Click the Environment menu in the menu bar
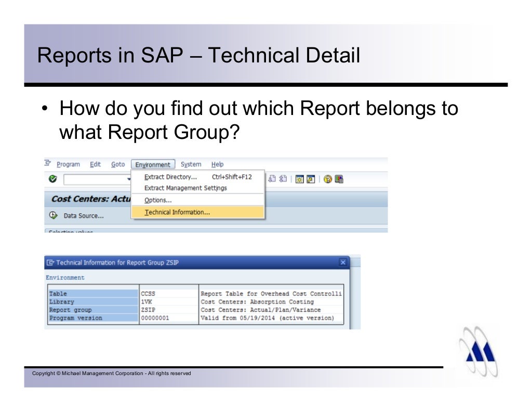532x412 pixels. [x=153, y=164]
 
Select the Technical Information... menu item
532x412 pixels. [x=177, y=212]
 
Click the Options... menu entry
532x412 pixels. [x=158, y=200]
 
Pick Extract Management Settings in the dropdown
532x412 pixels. [x=185, y=188]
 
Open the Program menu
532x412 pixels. [x=68, y=164]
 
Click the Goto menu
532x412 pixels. [x=118, y=164]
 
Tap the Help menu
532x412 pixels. [x=217, y=164]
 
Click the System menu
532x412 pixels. [x=191, y=164]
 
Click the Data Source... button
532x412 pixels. [x=83, y=215]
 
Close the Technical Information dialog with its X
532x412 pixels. [x=343, y=263]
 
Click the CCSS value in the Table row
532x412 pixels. [x=148, y=294]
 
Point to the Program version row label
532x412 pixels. [x=75, y=318]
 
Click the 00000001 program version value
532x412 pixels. [x=155, y=318]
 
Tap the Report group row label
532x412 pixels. [x=70, y=310]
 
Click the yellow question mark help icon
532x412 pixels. [x=327, y=179]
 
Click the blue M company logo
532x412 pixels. [x=481, y=351]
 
